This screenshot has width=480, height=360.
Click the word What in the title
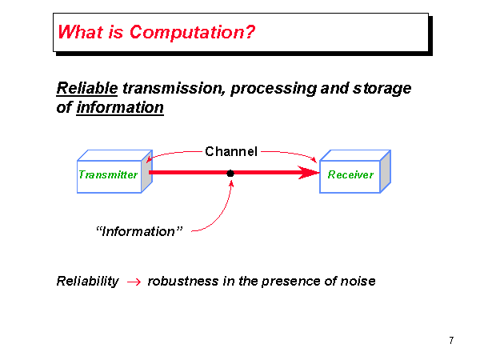tap(78, 33)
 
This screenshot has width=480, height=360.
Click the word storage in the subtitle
tap(382, 88)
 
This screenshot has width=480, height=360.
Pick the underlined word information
tap(120, 107)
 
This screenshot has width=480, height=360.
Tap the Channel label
tap(231, 151)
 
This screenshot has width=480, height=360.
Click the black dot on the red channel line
tap(230, 173)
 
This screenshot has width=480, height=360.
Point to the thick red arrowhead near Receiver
tap(308, 173)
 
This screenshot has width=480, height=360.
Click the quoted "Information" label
tap(139, 231)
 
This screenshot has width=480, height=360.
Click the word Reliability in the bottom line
tap(87, 281)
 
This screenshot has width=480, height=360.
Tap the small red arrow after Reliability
tap(134, 282)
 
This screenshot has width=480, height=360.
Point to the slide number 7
tap(451, 341)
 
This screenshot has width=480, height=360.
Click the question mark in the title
tap(250, 33)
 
